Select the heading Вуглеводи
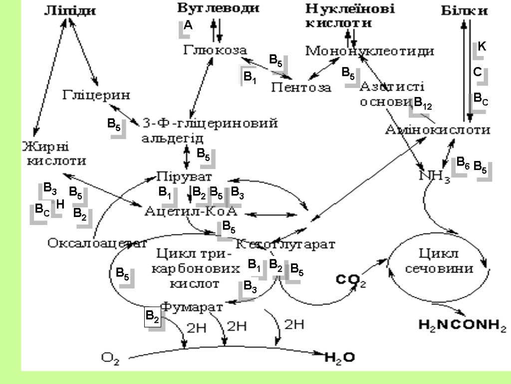click(x=219, y=8)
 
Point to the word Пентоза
click(x=301, y=87)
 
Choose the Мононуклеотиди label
click(x=369, y=50)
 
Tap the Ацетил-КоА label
click(x=191, y=211)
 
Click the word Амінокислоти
click(x=438, y=130)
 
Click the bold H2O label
click(x=339, y=357)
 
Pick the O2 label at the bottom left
click(x=110, y=357)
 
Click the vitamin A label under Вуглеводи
click(x=188, y=25)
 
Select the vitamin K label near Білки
click(x=482, y=46)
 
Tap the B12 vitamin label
click(x=423, y=103)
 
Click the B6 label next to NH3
click(x=463, y=163)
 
